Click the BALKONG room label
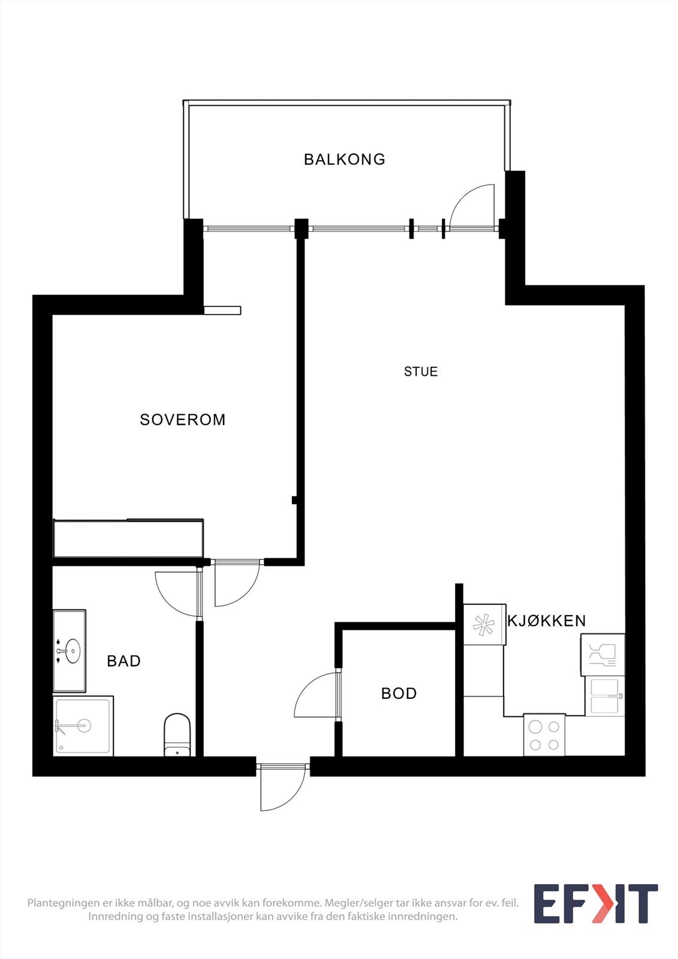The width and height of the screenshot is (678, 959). (x=344, y=159)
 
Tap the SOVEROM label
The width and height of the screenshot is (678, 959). (x=183, y=420)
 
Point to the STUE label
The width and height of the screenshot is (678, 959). (x=421, y=372)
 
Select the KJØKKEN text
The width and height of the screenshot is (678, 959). (x=546, y=621)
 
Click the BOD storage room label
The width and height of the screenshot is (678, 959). (x=399, y=693)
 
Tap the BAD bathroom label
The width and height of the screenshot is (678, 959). (x=123, y=661)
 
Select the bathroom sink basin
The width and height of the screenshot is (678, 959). (x=72, y=650)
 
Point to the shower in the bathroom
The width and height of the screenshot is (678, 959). (x=83, y=726)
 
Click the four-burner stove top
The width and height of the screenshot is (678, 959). (x=544, y=735)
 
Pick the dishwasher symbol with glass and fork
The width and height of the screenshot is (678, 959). (x=602, y=655)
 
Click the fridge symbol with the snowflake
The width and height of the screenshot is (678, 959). (x=484, y=625)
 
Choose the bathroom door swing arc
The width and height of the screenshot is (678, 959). (x=177, y=593)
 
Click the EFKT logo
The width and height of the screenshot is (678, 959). (x=595, y=903)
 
